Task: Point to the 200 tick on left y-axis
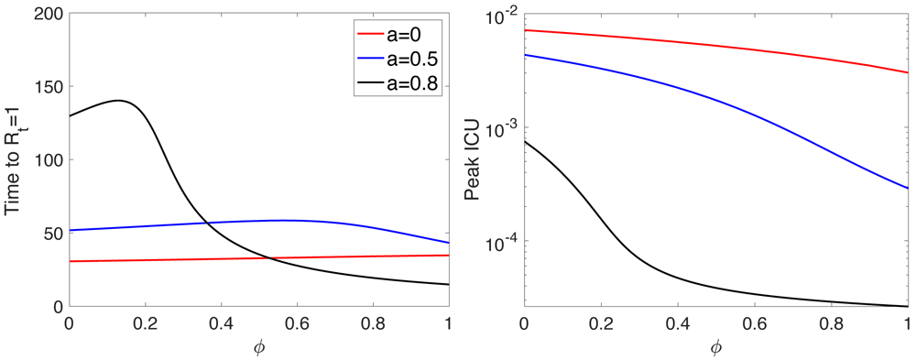47,13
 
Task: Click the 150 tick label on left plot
47,86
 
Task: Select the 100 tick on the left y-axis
47,159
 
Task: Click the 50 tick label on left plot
50,233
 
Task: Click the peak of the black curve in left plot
119,100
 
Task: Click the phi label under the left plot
257,347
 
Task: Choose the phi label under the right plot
714,347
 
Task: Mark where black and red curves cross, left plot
267,258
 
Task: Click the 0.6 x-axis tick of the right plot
753,323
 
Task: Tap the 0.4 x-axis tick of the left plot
220,323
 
